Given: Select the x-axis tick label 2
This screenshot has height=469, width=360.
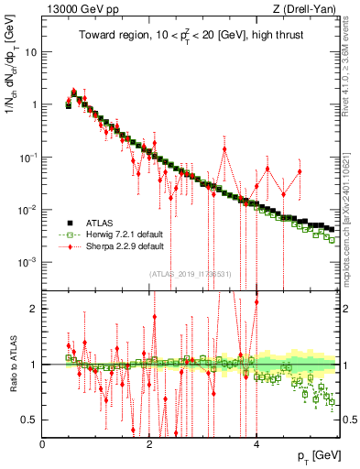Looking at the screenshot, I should (x=149, y=443).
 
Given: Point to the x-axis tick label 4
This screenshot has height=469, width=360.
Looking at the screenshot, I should (x=256, y=443).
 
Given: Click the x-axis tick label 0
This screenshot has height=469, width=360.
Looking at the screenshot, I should (x=43, y=443).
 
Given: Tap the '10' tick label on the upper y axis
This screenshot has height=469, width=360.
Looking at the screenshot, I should (x=31, y=51).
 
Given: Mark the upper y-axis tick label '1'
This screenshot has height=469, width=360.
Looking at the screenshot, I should (x=35, y=104).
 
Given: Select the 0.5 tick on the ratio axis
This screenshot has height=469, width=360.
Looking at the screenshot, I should (x=30, y=420).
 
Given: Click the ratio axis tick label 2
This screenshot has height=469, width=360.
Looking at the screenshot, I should (x=35, y=309).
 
